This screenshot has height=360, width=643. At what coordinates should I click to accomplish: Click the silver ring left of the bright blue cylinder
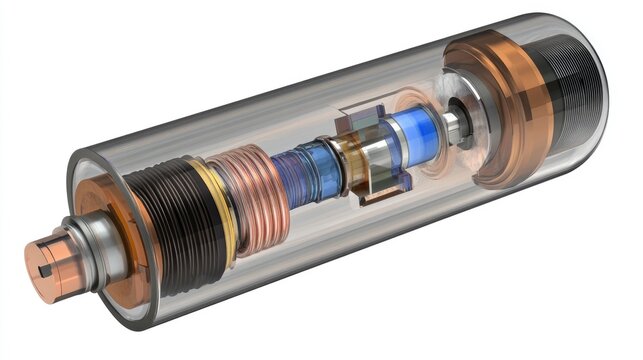click(376, 150)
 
